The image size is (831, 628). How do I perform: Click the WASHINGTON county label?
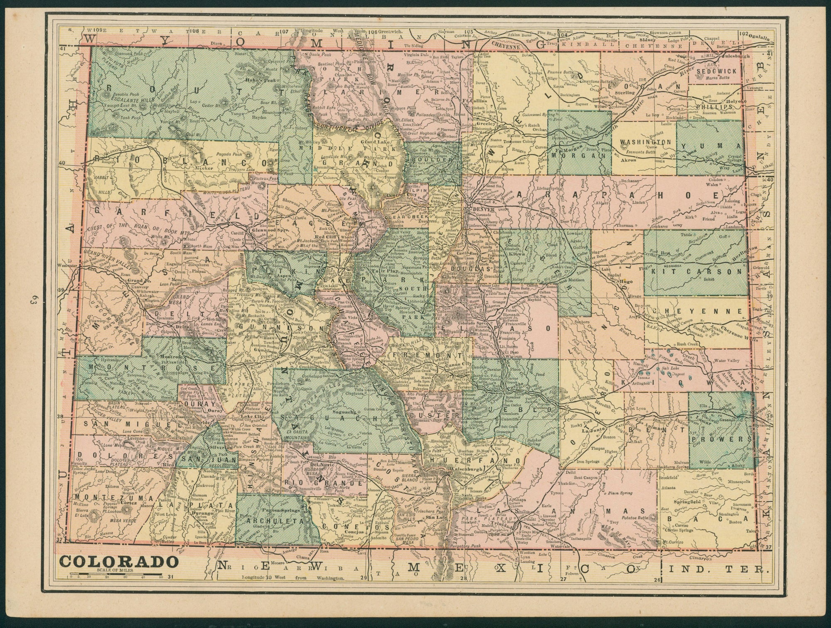click(645, 142)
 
